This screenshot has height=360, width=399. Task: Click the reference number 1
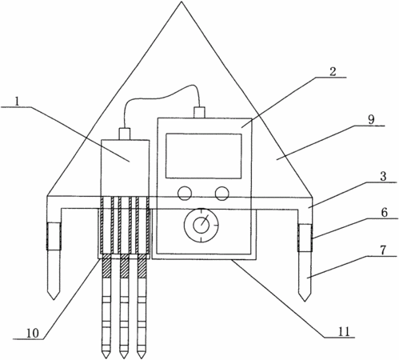point(17,102)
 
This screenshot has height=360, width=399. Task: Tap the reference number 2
point(333,72)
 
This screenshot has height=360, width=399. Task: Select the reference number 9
point(371,120)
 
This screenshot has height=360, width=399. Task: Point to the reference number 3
point(383,177)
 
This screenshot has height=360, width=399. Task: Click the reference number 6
point(385,213)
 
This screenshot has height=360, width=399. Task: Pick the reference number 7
point(383,250)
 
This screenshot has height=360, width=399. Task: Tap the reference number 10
point(33,333)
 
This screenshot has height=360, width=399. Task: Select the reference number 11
point(344,331)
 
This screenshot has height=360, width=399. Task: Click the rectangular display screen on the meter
point(204,156)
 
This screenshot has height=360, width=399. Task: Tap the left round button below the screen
point(185,194)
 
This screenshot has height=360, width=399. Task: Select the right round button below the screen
point(222,194)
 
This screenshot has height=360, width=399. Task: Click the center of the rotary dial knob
point(201,225)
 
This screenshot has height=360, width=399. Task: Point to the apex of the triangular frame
point(182,2)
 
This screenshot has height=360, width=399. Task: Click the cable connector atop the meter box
point(200,112)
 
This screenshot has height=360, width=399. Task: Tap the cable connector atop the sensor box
point(125,134)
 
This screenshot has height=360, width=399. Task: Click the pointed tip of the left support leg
point(54,299)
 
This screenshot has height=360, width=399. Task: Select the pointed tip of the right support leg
point(305,301)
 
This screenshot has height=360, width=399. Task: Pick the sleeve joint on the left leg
point(54,236)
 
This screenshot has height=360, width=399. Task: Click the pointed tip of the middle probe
point(123,358)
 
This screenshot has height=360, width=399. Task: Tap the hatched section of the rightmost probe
point(142,266)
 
